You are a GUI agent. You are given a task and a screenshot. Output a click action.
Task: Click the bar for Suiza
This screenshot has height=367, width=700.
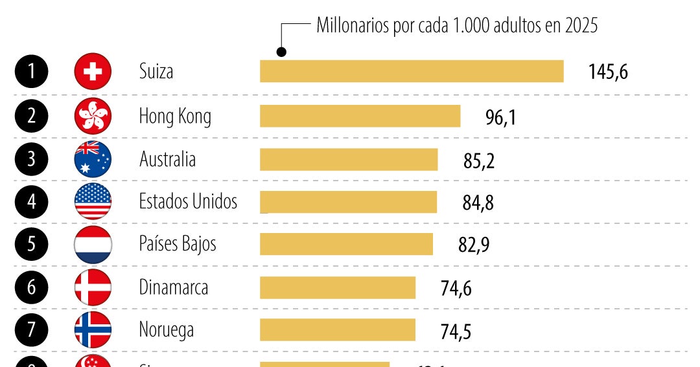click(x=412, y=71)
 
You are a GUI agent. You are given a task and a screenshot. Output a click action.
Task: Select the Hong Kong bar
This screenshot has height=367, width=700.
click(x=360, y=117)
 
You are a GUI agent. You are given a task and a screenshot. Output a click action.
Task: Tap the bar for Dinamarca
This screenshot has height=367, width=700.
click(x=337, y=287)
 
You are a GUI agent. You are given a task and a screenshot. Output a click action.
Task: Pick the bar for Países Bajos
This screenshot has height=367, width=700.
click(x=346, y=244)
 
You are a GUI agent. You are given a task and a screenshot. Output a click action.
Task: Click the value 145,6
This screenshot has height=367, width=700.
click(x=608, y=72)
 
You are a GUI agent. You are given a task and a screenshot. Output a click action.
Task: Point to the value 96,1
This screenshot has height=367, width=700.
click(x=500, y=117)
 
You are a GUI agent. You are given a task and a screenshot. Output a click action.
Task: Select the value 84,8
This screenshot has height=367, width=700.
click(x=478, y=203)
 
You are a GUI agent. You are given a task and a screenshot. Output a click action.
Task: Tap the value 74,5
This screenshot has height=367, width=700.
click(x=456, y=331)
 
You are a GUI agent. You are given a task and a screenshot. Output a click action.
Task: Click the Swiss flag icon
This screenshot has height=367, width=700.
click(x=93, y=71)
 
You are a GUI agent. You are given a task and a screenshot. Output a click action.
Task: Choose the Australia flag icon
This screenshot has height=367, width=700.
click(x=93, y=159)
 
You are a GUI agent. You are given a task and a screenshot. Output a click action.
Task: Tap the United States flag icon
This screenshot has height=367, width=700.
click(x=93, y=202)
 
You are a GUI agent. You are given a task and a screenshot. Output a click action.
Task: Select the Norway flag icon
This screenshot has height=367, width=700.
click(x=93, y=330)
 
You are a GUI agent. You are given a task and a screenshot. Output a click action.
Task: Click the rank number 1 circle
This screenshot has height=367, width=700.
click(x=31, y=71)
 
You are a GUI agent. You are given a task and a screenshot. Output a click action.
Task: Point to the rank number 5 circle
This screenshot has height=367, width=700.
click(x=31, y=245)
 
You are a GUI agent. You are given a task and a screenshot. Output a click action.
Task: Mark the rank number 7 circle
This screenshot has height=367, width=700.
click(x=31, y=330)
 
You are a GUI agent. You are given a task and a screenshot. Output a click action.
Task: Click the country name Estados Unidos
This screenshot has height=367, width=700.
click(x=188, y=201)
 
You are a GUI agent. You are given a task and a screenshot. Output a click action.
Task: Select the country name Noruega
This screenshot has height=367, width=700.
click(x=167, y=330)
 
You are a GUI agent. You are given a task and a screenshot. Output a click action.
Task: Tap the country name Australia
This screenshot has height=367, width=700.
click(x=167, y=159)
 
